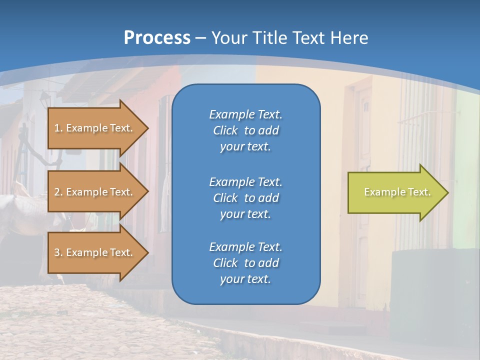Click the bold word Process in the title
157,38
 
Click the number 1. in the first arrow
58,128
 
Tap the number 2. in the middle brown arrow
58,192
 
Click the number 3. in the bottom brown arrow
58,252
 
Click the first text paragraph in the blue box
245,130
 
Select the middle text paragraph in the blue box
245,197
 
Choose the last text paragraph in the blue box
245,263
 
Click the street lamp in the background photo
45,98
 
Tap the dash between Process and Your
201,38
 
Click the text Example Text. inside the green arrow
397,192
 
